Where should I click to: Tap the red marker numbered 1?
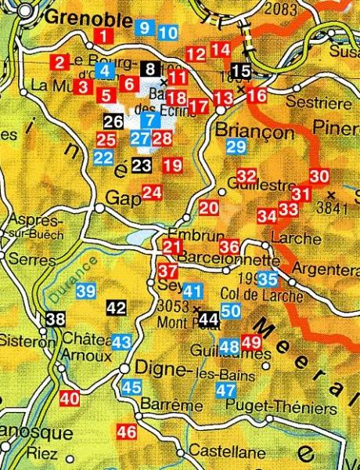(x=103, y=35)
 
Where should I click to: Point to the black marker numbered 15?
(x=242, y=72)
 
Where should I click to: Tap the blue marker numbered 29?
(x=236, y=146)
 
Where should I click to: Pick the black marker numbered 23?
(x=141, y=165)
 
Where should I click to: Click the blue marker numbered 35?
(x=268, y=278)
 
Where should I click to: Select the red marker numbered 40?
(x=70, y=398)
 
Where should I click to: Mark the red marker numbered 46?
(x=126, y=432)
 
